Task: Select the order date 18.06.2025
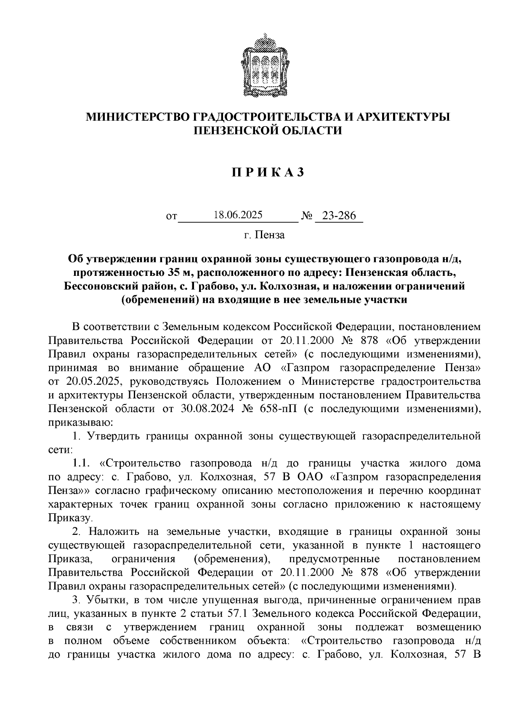[x=238, y=215]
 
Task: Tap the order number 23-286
[x=339, y=216]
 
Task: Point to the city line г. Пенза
[x=264, y=235]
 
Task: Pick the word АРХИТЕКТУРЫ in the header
[x=402, y=117]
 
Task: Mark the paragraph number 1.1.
[x=82, y=463]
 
